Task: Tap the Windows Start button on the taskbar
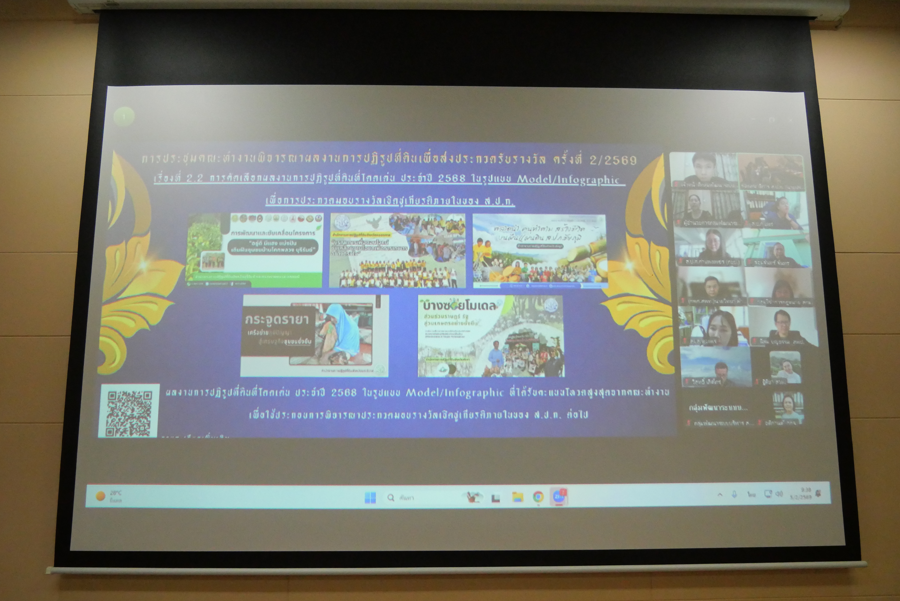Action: [x=370, y=498]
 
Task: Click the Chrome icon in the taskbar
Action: [x=538, y=497]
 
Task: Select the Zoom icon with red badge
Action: [x=558, y=497]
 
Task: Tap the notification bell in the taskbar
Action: [x=819, y=493]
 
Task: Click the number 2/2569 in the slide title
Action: [x=613, y=160]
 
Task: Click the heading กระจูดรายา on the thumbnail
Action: [x=276, y=320]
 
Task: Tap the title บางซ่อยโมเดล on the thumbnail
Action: [x=459, y=306]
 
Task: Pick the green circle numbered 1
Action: [x=124, y=116]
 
